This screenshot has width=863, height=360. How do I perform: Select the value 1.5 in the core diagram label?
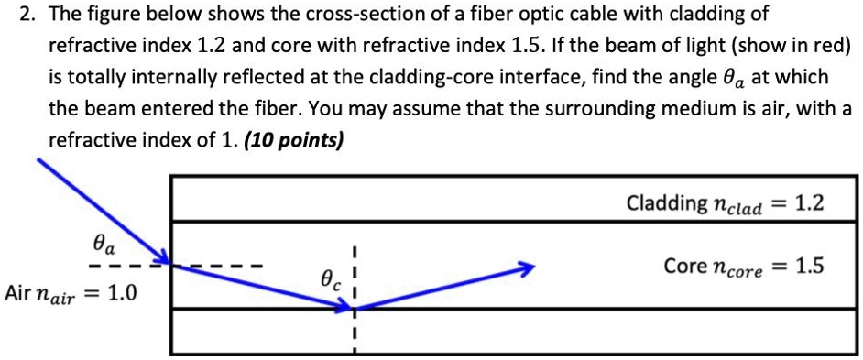(x=808, y=267)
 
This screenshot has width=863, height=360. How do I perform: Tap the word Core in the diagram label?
(x=683, y=267)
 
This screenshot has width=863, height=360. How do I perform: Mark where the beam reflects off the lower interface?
(x=353, y=308)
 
